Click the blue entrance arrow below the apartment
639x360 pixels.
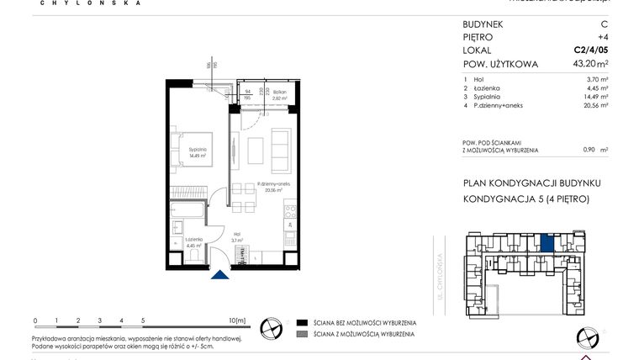tap(220, 274)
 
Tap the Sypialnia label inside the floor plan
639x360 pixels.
tap(198, 152)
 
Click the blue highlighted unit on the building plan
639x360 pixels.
tap(547, 244)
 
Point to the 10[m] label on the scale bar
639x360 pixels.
tap(237, 320)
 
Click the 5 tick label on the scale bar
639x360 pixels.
tap(143, 320)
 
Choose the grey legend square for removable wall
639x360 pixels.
tap(302, 335)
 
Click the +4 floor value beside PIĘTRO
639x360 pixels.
tap(603, 37)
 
